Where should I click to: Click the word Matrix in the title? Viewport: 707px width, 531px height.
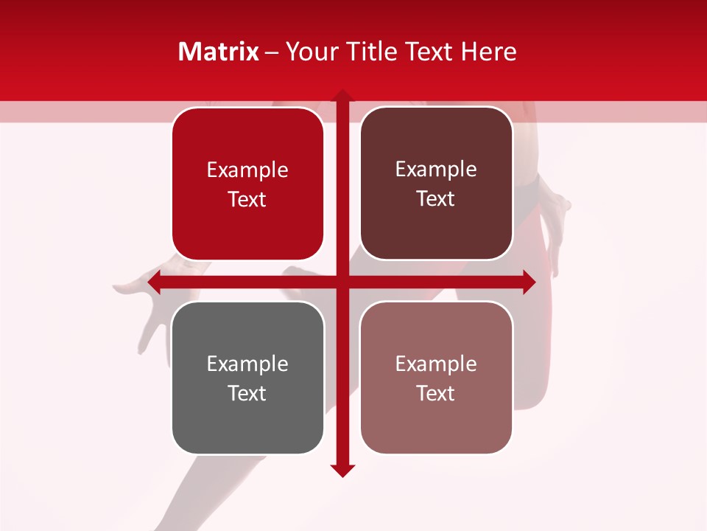219,52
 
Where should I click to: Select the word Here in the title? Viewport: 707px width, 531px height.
488,52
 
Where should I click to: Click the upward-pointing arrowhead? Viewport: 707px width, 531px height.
342,97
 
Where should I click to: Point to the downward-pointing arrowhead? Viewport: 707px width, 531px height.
342,471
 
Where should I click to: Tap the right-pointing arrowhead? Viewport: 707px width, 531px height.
529,282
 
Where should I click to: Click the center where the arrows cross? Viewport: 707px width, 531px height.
342,282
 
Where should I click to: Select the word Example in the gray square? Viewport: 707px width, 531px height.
247,364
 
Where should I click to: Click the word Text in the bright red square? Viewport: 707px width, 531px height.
247,199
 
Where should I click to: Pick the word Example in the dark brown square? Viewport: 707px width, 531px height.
436,170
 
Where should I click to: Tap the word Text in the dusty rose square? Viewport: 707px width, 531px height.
436,393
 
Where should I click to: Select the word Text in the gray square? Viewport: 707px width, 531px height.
247,393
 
